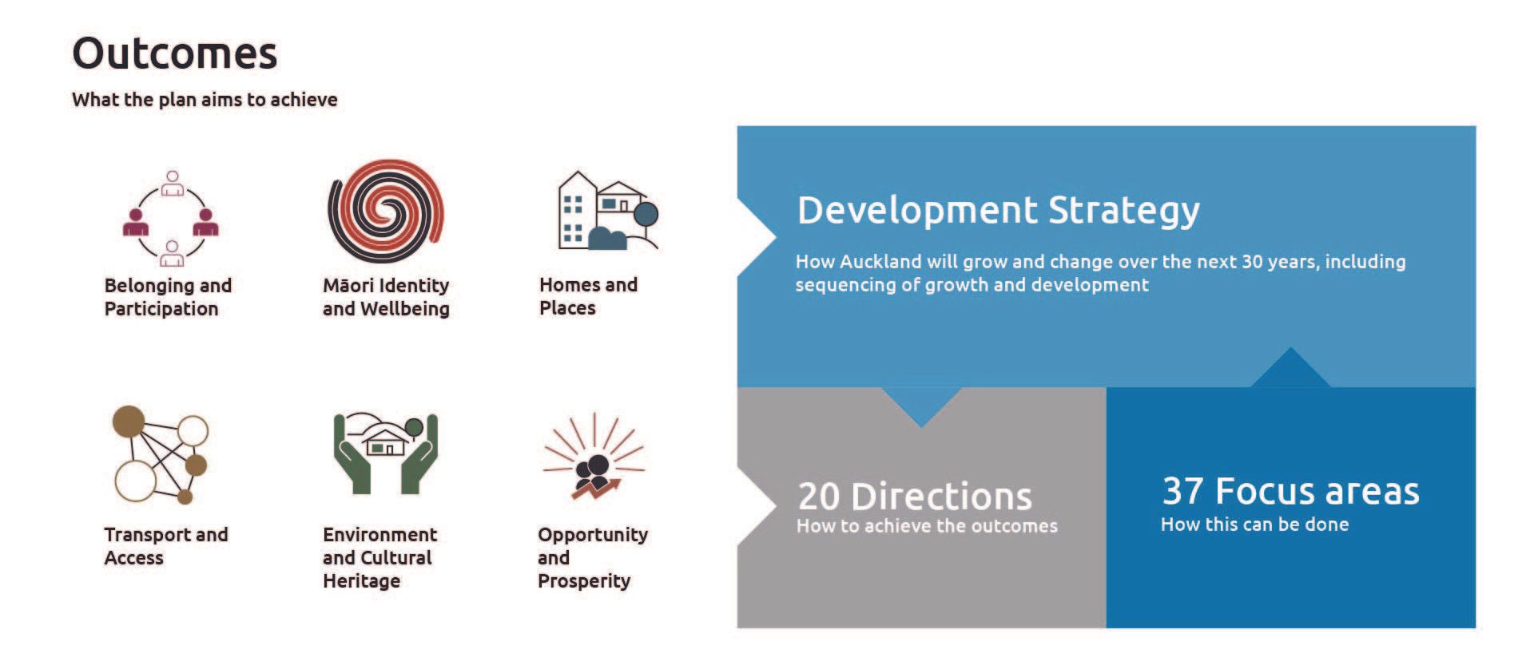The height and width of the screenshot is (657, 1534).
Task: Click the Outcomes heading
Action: tap(174, 54)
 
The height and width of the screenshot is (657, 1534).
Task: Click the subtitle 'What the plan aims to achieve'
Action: tap(205, 100)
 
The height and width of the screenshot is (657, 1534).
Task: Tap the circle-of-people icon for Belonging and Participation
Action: tap(171, 218)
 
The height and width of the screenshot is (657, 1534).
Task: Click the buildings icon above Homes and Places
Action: tap(606, 211)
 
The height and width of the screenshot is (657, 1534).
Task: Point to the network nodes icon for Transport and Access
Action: tap(161, 455)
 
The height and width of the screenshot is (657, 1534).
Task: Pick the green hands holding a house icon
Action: tap(386, 453)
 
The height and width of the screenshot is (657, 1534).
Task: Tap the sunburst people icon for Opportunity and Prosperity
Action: tap(594, 457)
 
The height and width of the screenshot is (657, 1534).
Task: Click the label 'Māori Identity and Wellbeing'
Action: tap(386, 297)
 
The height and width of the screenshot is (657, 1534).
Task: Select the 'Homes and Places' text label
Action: tap(588, 296)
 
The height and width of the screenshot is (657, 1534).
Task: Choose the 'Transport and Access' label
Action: tap(165, 546)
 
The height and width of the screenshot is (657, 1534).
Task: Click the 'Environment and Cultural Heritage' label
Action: tap(380, 557)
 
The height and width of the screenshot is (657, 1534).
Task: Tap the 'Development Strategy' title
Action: tap(998, 211)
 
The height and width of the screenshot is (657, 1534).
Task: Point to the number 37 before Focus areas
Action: tap(1182, 491)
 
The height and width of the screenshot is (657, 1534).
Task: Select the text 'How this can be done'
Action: tap(1254, 524)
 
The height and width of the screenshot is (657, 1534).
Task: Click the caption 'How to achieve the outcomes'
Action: tap(927, 526)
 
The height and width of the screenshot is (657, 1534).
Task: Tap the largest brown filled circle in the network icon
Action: tap(129, 422)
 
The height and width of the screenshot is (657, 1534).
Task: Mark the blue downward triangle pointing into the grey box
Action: tap(921, 405)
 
